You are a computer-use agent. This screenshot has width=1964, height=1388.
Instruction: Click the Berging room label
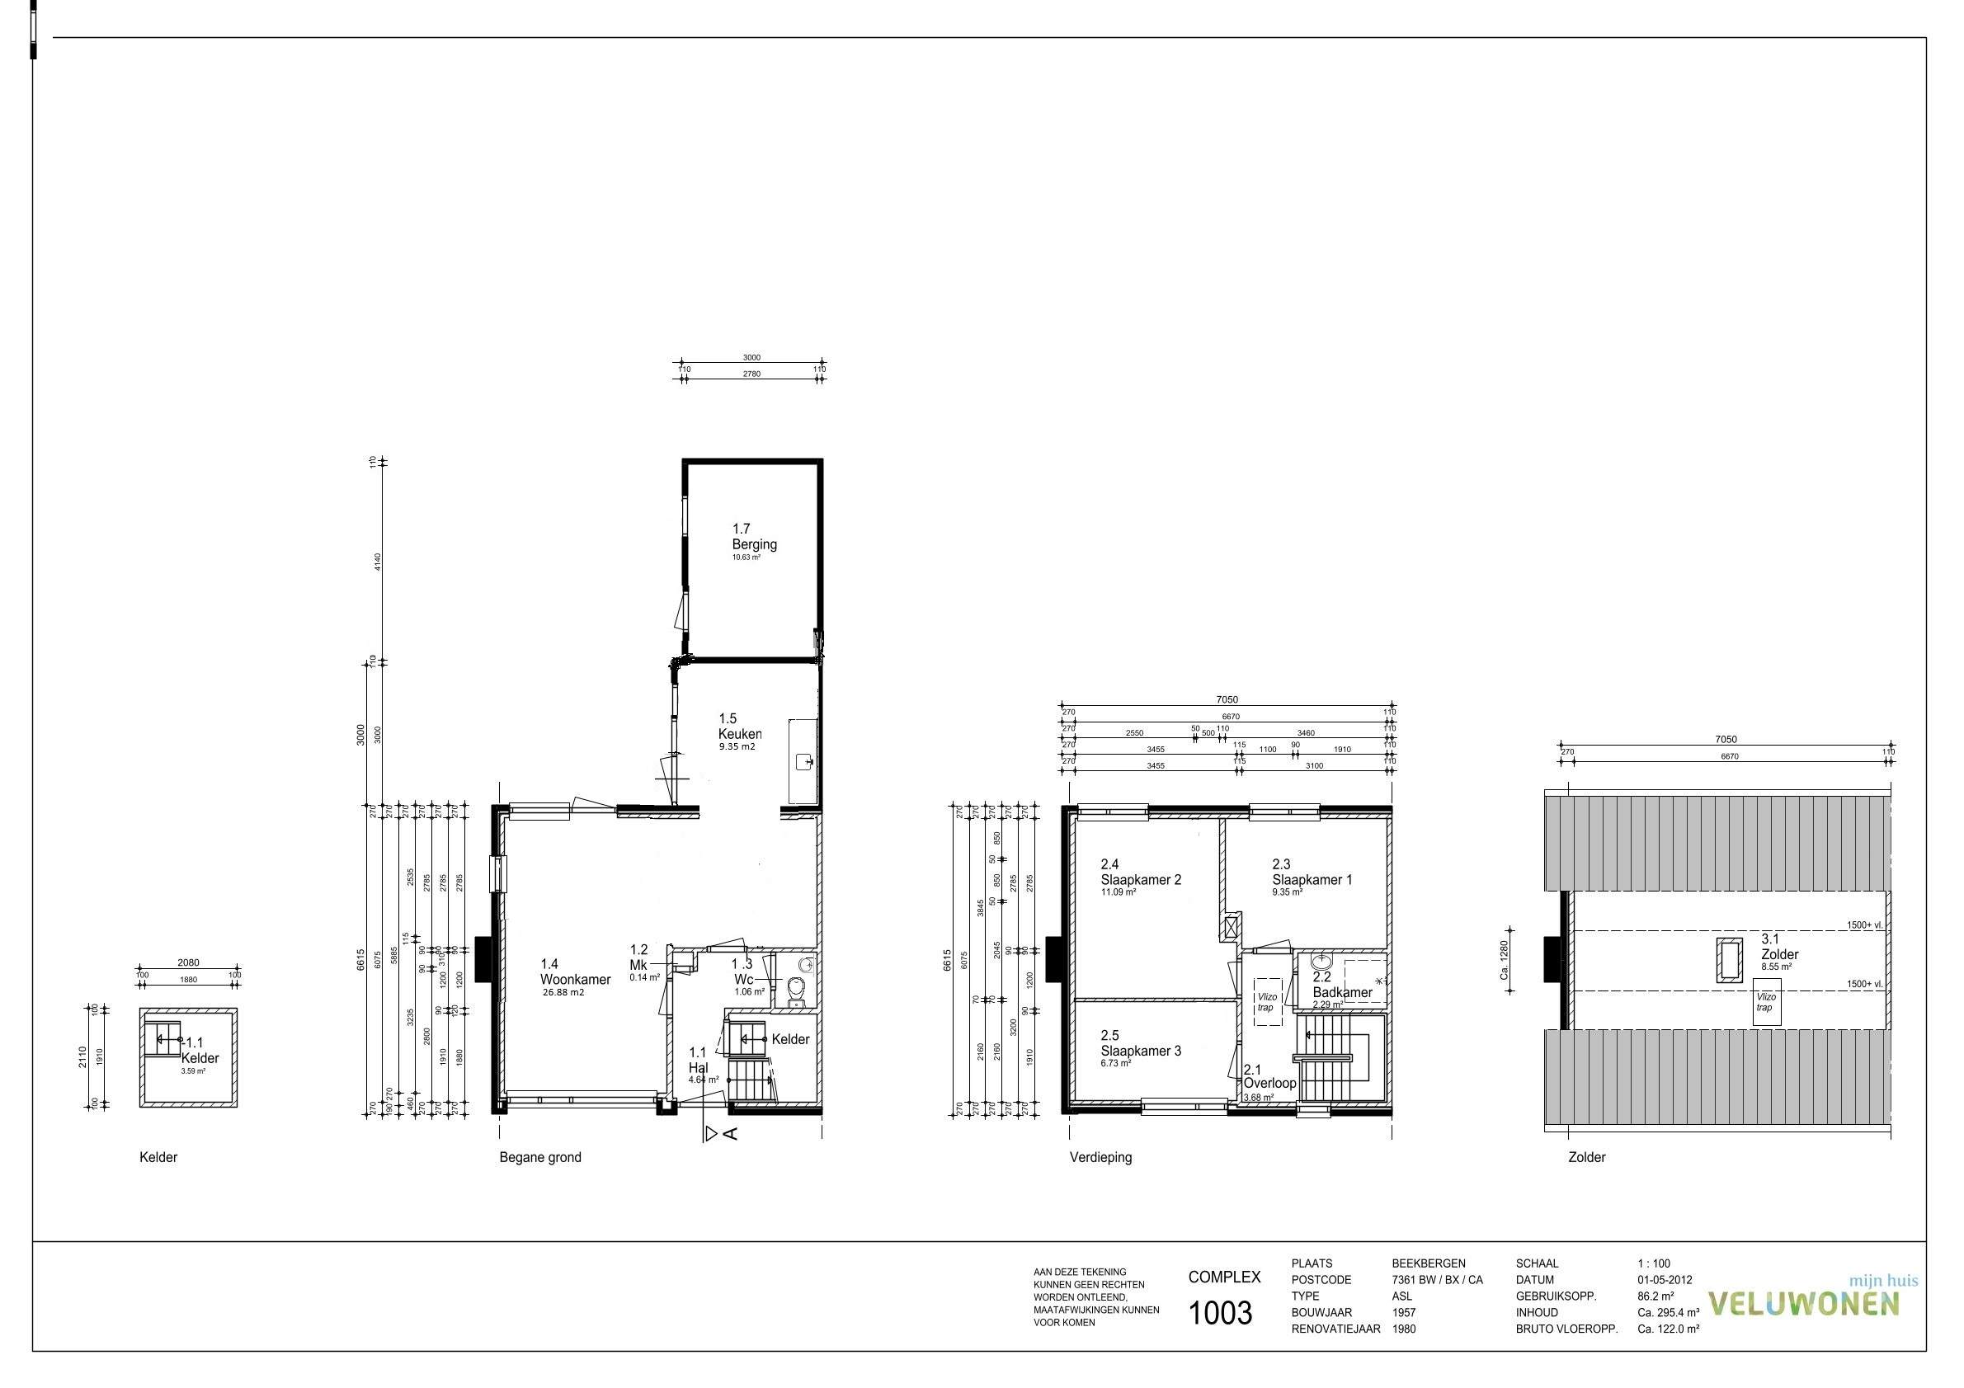pos(754,545)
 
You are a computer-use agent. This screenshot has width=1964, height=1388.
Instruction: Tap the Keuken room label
pos(739,734)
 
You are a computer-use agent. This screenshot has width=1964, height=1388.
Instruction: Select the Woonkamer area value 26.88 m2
pos(563,993)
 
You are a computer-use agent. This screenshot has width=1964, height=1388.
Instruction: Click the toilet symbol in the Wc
pos(796,992)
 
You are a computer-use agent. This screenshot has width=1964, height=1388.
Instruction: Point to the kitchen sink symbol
pos(803,760)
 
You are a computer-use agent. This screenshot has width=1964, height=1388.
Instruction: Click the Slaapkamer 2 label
pos(1140,880)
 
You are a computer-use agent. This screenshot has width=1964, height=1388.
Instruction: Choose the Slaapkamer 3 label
pos(1140,1051)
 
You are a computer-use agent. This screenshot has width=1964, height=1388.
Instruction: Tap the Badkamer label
pos(1342,993)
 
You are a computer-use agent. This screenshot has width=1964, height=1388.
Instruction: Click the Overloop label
pos(1269,1084)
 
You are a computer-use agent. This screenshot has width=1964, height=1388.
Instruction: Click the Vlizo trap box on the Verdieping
pos(1267,1002)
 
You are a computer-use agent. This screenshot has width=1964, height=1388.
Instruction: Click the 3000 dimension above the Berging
pos(751,358)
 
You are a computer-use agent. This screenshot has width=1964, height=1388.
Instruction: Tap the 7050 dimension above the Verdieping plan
pos(1227,700)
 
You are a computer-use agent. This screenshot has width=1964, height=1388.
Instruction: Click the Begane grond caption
pos(539,1158)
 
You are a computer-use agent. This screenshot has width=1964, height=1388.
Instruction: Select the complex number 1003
pos(1221,1314)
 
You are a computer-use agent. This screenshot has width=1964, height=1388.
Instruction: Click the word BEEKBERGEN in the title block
pos(1428,1264)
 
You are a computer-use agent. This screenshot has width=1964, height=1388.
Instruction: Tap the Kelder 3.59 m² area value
pos(192,1070)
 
